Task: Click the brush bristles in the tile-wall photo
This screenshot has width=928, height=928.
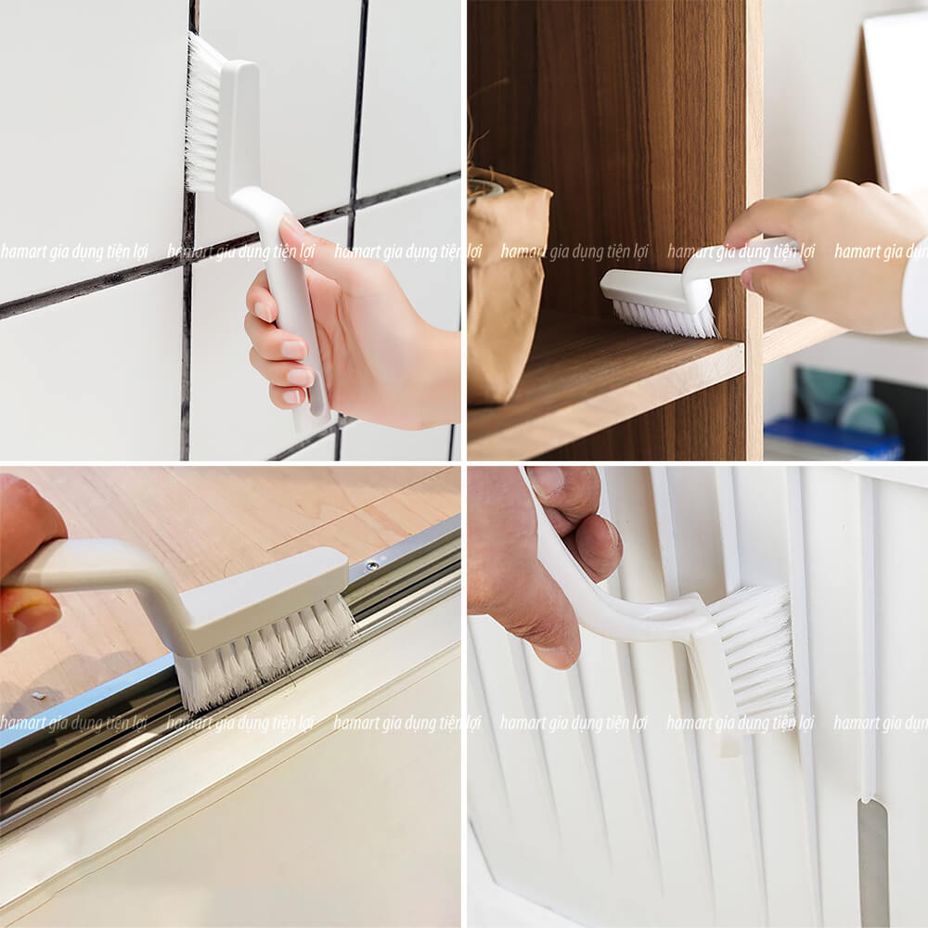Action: pos(200,116)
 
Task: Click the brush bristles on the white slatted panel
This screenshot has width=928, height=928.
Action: pos(756,650)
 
